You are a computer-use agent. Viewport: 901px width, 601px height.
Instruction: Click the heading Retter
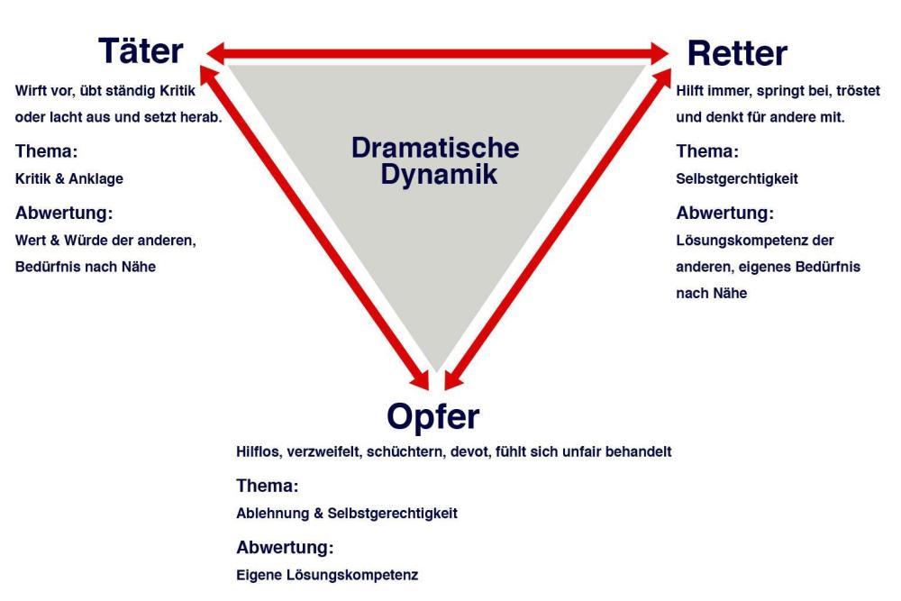click(x=736, y=53)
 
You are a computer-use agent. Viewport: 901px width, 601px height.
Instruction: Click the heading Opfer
click(x=433, y=416)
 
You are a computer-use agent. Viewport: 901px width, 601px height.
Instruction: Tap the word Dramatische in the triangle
click(x=435, y=149)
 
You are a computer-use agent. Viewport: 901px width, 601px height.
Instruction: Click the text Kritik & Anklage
click(x=69, y=178)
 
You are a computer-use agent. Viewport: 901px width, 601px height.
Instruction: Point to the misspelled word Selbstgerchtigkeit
click(x=736, y=178)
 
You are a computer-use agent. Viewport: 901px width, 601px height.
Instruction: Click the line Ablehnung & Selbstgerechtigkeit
click(x=347, y=514)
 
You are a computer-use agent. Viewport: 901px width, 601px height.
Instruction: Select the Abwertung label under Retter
click(x=725, y=214)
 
